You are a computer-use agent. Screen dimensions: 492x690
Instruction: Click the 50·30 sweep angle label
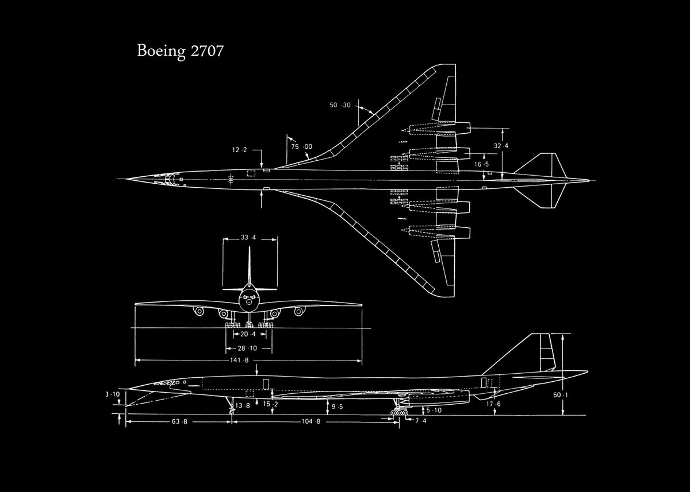340,105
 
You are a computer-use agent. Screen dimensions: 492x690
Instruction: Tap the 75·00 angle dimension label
301,146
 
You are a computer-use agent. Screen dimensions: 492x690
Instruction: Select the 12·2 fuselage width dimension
239,150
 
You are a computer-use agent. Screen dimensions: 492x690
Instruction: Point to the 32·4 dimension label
501,146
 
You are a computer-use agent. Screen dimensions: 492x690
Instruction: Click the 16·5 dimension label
481,164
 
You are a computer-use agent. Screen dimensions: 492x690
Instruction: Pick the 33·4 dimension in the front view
248,238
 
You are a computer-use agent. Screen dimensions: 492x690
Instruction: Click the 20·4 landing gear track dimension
248,334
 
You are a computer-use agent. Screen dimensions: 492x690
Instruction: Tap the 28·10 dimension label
248,348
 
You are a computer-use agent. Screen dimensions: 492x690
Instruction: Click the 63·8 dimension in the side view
180,422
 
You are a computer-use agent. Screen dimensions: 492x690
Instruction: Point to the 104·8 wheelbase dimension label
310,422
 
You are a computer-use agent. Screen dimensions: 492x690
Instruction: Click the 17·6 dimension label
493,404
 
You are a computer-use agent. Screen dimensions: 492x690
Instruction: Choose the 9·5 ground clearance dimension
337,406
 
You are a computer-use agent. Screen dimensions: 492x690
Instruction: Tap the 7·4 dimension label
421,421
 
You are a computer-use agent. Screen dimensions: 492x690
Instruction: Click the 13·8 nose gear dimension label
243,406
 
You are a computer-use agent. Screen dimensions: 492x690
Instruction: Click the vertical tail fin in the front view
250,267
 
